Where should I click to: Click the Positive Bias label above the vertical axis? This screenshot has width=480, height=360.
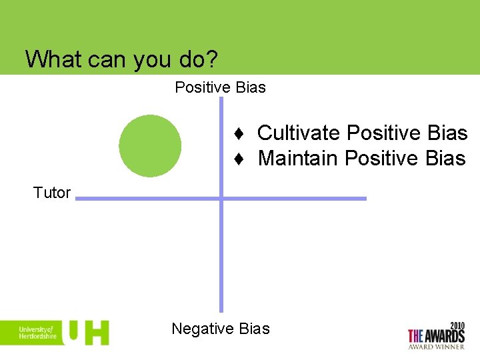(220, 87)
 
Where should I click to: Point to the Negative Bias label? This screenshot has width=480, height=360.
(220, 329)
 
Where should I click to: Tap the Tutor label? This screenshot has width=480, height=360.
(52, 193)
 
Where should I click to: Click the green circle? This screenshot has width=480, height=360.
(150, 146)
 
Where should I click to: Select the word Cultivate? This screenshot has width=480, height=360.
(298, 133)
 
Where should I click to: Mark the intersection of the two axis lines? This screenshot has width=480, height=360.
(221, 198)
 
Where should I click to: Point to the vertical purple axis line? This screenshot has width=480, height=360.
(221, 267)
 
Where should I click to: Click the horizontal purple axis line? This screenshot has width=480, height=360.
(300, 198)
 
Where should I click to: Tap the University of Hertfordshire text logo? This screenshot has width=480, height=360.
(37, 333)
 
